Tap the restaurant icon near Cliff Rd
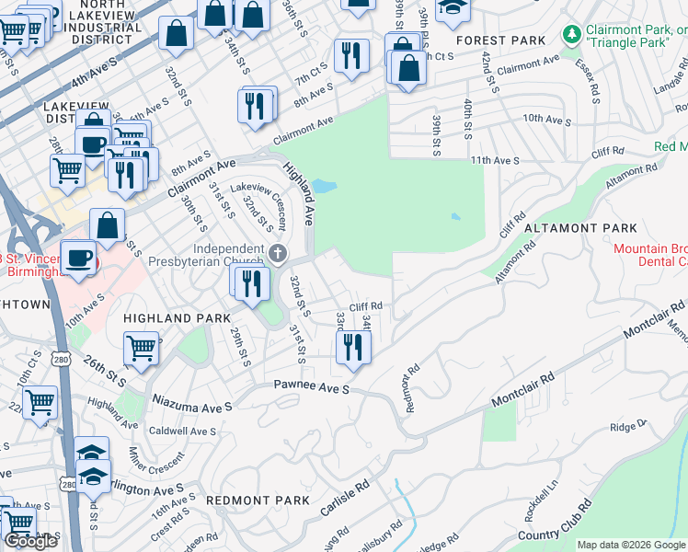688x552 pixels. pos(353,347)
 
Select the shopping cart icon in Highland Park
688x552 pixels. pos(141,348)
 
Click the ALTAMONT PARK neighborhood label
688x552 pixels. pos(580,227)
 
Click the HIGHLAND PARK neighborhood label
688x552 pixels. pos(163,318)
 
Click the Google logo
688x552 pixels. pos(30,541)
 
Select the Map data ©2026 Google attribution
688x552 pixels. pos(630,545)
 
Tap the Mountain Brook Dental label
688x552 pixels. pos(650,255)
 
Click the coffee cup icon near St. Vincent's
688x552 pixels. pos(79,257)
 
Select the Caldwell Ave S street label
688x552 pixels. pos(182,431)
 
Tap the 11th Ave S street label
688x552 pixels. pos(495,160)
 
